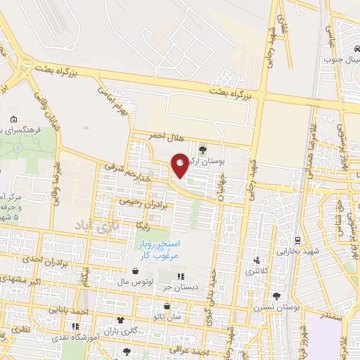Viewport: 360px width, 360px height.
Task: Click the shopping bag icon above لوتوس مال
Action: [135, 271]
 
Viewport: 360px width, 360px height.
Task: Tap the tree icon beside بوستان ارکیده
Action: [202, 149]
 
